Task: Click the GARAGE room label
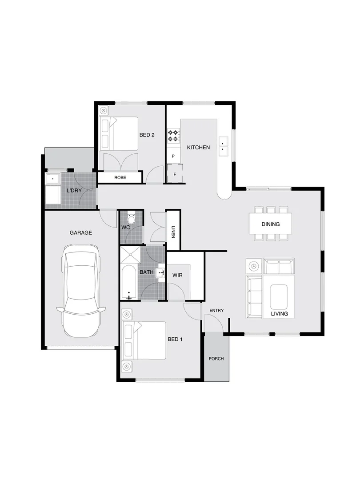(x=80, y=232)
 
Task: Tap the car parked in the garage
(x=81, y=291)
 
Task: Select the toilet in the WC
(x=131, y=220)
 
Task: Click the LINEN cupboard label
(x=173, y=231)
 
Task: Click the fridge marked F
(x=175, y=174)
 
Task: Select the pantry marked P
(x=173, y=156)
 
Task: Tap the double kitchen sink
(x=223, y=146)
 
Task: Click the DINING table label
(x=270, y=224)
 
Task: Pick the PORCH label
(x=216, y=359)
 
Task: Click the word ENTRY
(x=216, y=310)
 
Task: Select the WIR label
(x=178, y=275)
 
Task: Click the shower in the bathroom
(x=130, y=256)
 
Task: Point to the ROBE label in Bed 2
(x=120, y=177)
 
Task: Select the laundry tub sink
(x=53, y=179)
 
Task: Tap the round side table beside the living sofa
(x=254, y=266)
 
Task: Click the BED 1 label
(x=175, y=339)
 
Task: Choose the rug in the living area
(x=279, y=297)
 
